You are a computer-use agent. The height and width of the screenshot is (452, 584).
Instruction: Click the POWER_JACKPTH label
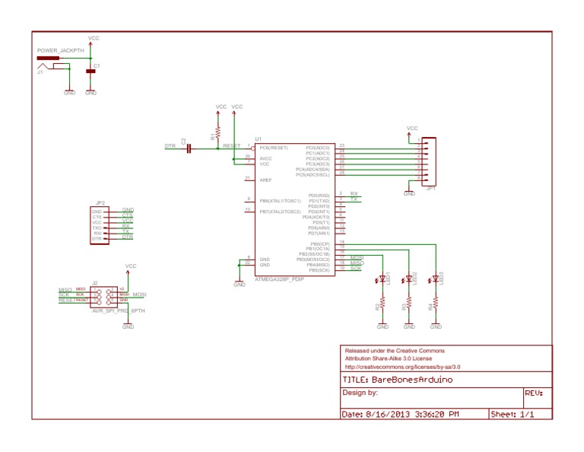point(56,50)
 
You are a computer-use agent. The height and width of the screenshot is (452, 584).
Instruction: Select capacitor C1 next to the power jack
point(91,70)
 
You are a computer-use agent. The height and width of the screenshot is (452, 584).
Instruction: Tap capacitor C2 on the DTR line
point(188,147)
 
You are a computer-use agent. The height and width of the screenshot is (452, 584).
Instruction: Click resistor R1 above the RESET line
point(218,132)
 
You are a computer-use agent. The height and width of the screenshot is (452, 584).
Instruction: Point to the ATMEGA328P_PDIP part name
point(280,279)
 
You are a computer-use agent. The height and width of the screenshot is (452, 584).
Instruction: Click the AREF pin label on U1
point(265,180)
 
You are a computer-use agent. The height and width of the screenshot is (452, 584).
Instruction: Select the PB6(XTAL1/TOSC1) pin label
point(280,201)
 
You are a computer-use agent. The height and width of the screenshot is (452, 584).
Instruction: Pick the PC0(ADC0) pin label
point(318,147)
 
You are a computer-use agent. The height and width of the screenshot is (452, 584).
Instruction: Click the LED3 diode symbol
point(436,279)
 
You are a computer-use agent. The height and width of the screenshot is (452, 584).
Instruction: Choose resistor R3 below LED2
point(409,304)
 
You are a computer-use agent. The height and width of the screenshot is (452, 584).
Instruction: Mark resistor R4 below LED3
point(436,304)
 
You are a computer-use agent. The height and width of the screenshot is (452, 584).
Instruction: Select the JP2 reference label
point(100,203)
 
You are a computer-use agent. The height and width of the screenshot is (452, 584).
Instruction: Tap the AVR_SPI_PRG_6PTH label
point(118,311)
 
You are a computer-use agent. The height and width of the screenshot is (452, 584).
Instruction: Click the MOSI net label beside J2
point(139,294)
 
